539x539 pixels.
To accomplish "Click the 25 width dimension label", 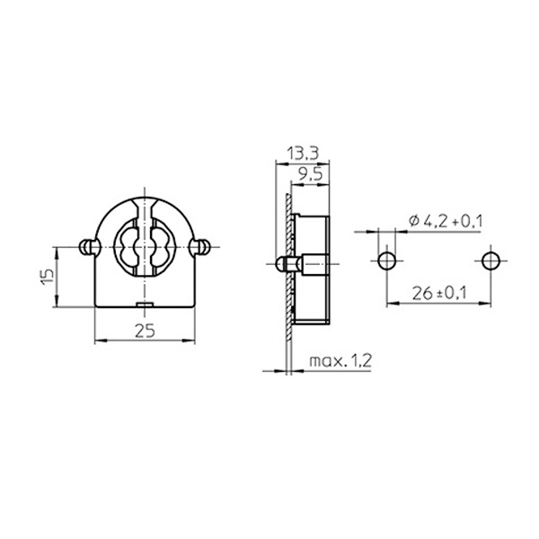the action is coord(145,331).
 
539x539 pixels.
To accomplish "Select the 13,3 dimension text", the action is coord(303,154).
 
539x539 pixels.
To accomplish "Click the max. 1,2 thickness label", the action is coord(340,361).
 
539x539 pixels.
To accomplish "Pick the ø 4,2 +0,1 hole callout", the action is coord(446,221).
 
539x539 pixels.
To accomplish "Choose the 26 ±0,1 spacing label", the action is coord(439,293).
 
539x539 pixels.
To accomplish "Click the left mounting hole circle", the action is coord(387,261).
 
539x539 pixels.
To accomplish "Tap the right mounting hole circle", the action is coord(490,261).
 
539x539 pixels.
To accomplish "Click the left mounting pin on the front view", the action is coord(88,247).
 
